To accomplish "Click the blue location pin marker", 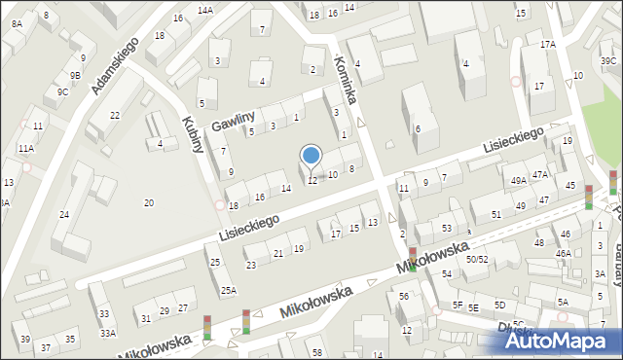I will click(x=311, y=157).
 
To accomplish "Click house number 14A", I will click(x=204, y=10).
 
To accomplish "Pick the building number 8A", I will click(x=17, y=24).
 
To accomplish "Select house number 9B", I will click(x=74, y=75).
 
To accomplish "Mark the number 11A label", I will click(x=25, y=148).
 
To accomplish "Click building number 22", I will click(x=114, y=116).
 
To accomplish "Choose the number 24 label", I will click(x=64, y=214).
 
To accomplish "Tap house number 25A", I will click(x=228, y=290).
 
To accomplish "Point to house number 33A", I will click(x=107, y=333).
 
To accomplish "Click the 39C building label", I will click(x=608, y=61).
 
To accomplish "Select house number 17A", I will click(x=548, y=45).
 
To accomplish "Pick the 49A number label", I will click(x=519, y=180).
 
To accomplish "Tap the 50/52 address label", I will click(x=476, y=260).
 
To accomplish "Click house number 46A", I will click(x=563, y=253).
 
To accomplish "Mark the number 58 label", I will click(x=316, y=351).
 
